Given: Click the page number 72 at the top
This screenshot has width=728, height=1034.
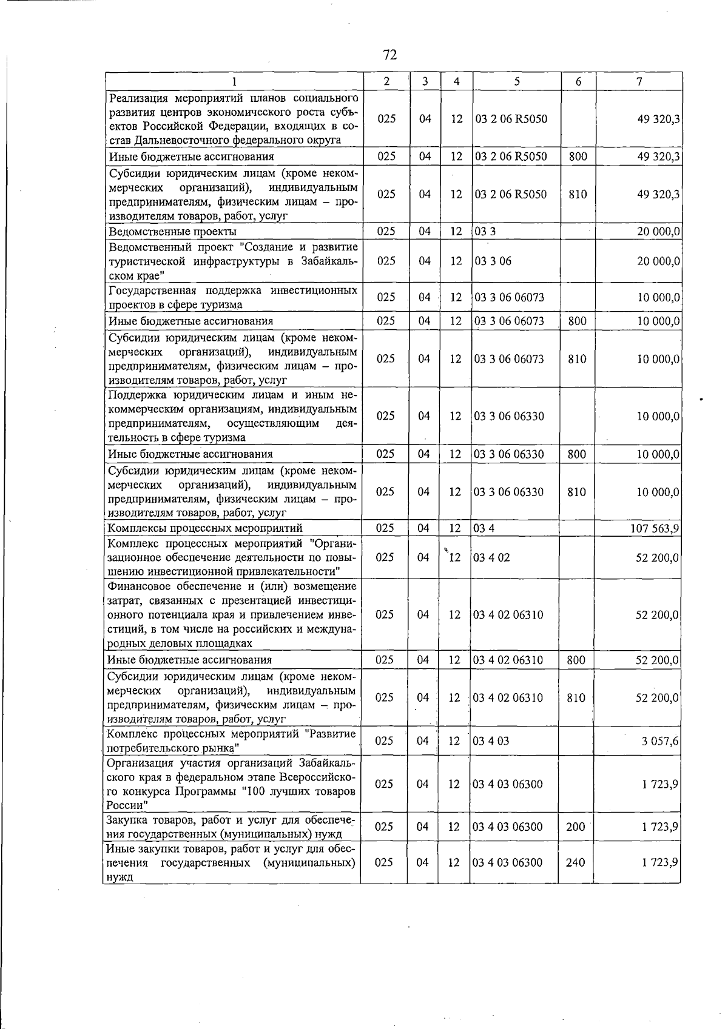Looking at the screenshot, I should click(x=389, y=55).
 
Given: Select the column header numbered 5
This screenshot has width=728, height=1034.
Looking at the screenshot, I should click(x=516, y=81).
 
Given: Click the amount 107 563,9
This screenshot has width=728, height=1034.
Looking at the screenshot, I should click(x=655, y=528).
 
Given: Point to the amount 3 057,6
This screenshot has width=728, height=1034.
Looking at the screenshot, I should click(x=660, y=741).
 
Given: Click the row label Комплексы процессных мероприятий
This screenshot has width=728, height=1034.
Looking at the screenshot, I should click(x=205, y=528).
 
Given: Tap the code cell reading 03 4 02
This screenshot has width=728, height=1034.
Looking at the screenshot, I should click(x=492, y=557).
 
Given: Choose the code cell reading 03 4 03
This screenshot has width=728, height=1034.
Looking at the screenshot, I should click(x=491, y=741).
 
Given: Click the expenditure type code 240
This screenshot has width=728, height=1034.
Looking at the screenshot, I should click(x=575, y=862).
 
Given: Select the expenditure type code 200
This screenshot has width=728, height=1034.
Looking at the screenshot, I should click(x=575, y=827).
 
